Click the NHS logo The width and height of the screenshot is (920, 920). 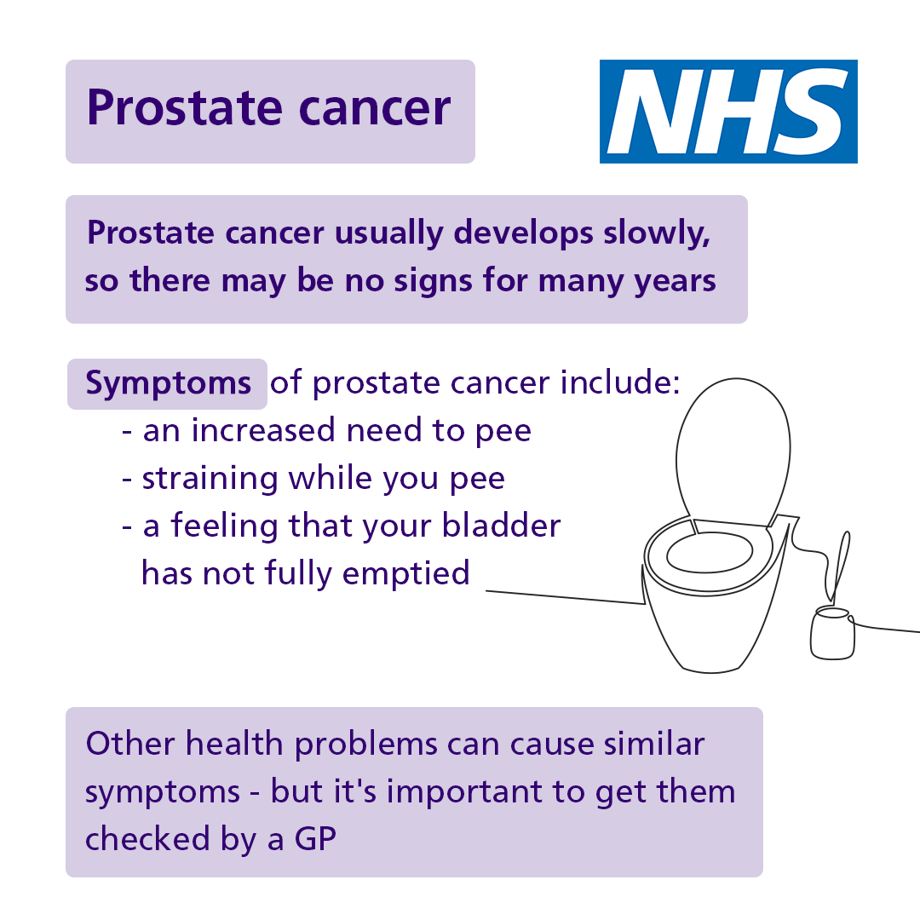click(728, 111)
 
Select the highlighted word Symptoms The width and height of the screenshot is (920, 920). click(169, 384)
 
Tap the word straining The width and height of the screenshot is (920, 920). click(209, 479)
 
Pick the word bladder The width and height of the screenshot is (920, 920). click(501, 526)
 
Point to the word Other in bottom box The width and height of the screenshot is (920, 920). click(129, 745)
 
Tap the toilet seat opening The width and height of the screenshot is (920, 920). click(710, 555)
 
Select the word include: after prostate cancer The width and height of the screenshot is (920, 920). click(620, 384)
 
